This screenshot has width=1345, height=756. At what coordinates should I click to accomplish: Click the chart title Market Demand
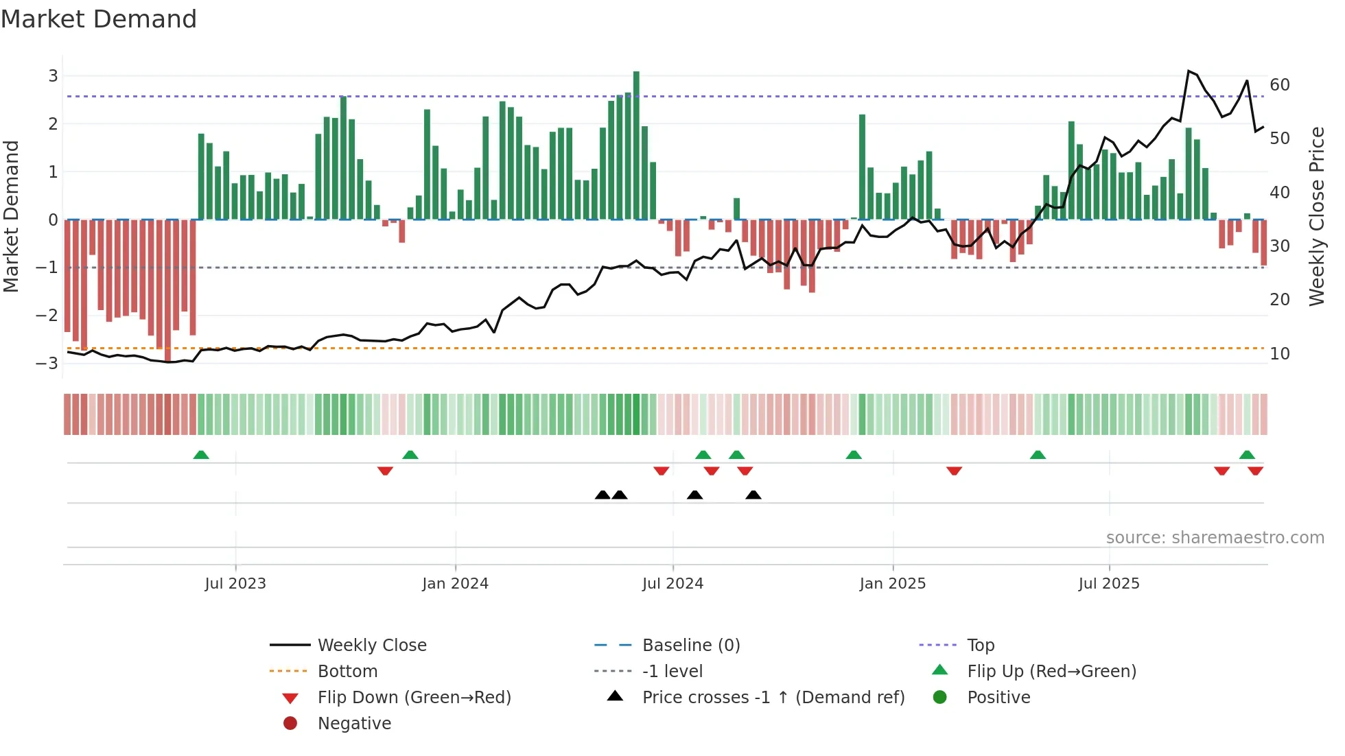(x=99, y=19)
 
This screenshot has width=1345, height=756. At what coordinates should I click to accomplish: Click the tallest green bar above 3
(x=636, y=144)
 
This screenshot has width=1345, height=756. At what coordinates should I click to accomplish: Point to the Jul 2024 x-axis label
(x=672, y=584)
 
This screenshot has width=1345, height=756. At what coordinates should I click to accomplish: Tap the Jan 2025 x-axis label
(x=892, y=584)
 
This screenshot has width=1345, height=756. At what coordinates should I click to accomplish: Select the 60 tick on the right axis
(x=1280, y=85)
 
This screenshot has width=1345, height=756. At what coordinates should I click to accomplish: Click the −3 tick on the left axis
(x=47, y=363)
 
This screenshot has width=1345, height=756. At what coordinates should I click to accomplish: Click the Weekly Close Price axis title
(x=1316, y=216)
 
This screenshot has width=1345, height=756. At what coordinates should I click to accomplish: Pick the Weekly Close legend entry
(x=371, y=646)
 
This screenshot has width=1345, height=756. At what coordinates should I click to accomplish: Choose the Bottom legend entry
(x=347, y=672)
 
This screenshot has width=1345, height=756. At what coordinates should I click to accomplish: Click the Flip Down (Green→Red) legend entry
(x=414, y=698)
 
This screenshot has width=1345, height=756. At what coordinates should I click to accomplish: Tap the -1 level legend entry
(x=672, y=672)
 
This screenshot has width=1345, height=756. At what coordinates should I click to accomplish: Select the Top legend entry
(x=981, y=646)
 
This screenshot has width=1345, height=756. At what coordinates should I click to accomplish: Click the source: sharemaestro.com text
(x=1215, y=538)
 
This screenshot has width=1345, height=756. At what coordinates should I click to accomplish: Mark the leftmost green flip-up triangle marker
(x=201, y=455)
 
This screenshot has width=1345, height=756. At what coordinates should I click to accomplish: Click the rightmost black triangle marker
(x=753, y=495)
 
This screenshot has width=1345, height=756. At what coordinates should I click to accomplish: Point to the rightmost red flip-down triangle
(x=1256, y=471)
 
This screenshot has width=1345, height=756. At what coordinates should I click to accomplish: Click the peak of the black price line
(x=1189, y=71)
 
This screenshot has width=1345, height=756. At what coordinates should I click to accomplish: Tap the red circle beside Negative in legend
(x=290, y=724)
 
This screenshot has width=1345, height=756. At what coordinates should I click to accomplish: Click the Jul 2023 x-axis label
(x=235, y=584)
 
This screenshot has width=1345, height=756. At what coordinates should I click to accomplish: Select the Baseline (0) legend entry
(x=690, y=646)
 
